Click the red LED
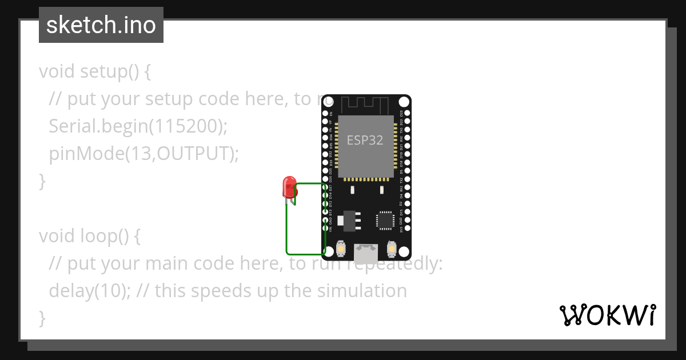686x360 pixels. point(289,187)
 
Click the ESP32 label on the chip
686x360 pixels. point(365,140)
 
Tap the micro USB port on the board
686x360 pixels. point(365,254)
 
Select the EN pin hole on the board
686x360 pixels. point(325,114)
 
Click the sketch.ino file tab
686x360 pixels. point(101,25)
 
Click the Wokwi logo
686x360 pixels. point(607,315)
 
